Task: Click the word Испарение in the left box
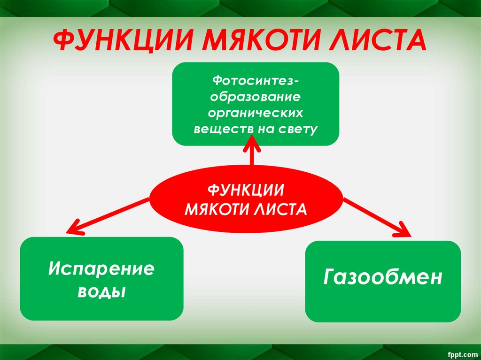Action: [x=101, y=269]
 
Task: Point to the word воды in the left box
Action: [x=101, y=291]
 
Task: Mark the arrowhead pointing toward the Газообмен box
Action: [x=403, y=230]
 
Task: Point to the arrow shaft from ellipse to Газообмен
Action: [x=371, y=214]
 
